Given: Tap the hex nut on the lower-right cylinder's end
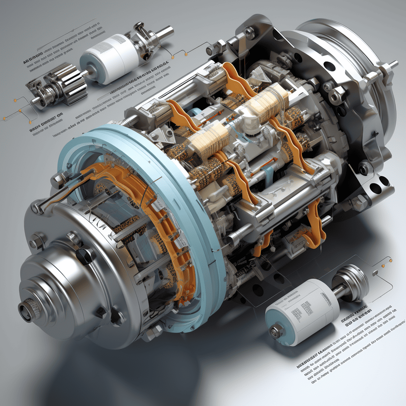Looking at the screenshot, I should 276,331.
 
